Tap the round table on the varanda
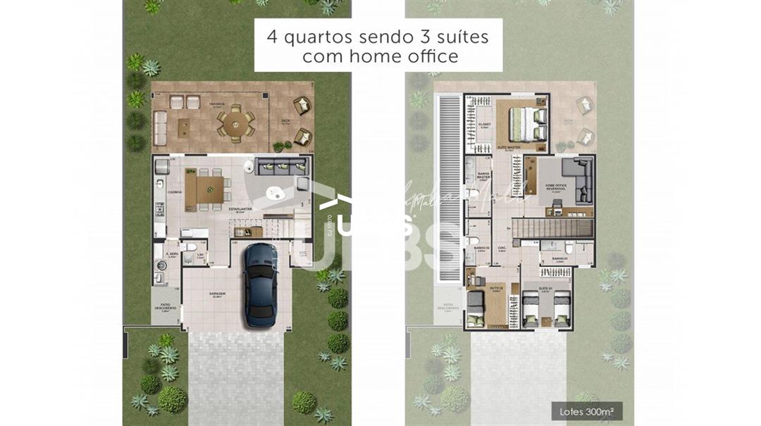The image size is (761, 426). pos(233,125)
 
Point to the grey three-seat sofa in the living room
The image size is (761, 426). pos(283,166)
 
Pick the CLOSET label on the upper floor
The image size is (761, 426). pos(484,125)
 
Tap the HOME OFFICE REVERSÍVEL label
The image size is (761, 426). pos(557,187)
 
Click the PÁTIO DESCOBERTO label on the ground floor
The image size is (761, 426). pos(166,307)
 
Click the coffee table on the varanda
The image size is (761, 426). pos(184,127)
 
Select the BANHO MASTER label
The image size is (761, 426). pos(484,176)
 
